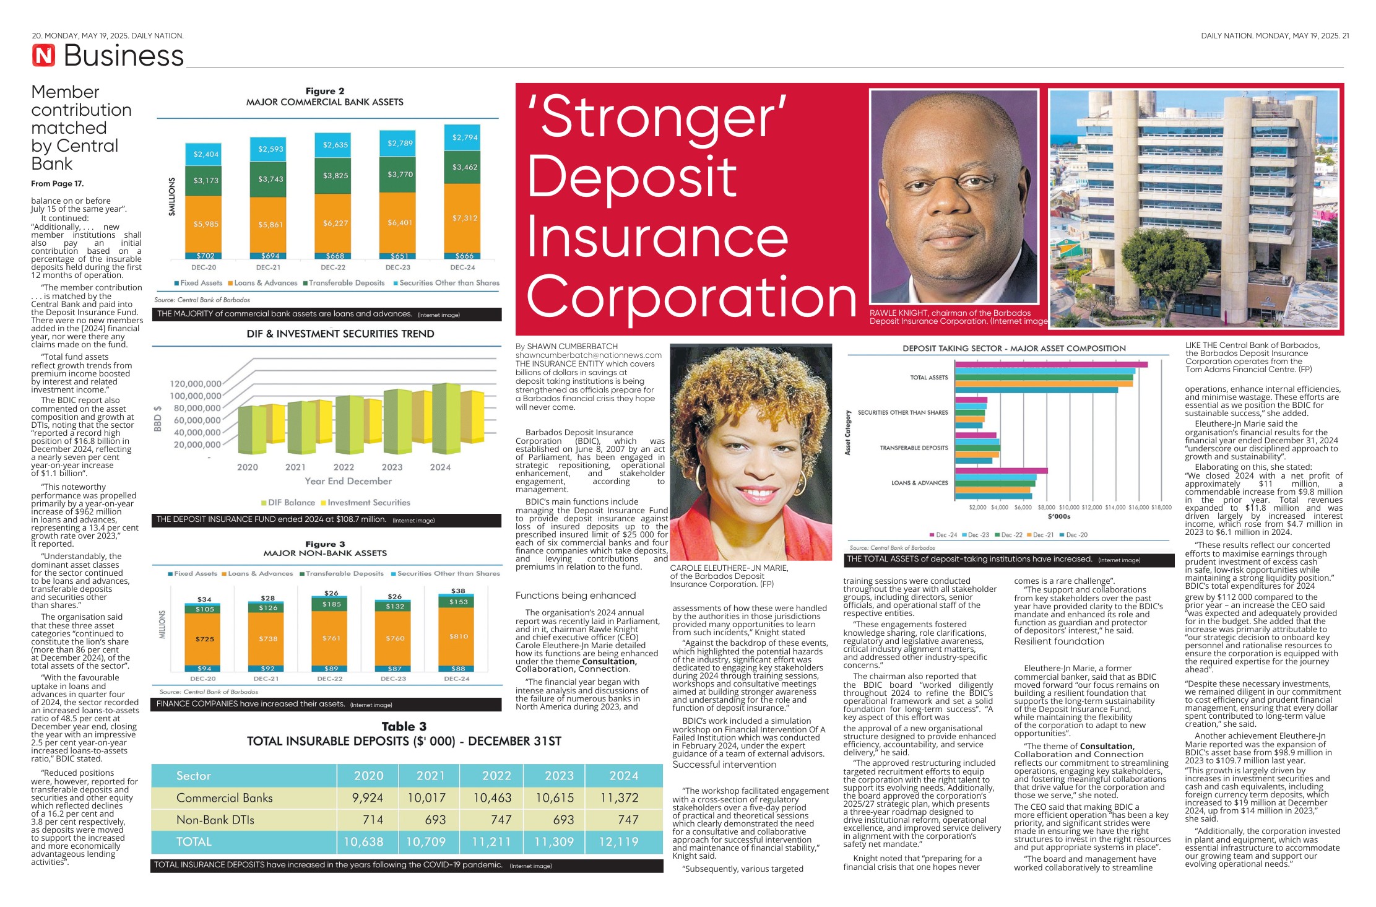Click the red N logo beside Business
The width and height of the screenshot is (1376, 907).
[44, 56]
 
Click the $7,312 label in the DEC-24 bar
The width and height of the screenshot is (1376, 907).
[464, 218]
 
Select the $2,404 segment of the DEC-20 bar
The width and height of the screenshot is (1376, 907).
[206, 154]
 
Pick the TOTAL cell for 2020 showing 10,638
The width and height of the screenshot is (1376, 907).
[363, 842]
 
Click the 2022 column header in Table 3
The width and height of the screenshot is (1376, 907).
[496, 776]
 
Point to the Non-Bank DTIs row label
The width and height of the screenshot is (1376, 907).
[215, 820]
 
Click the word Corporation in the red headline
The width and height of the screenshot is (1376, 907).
[691, 297]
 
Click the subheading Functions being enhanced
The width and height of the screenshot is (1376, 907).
[576, 596]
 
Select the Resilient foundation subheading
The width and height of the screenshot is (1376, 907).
[1058, 641]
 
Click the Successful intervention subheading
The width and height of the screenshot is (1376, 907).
[724, 765]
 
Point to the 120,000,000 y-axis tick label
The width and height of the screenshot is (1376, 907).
[195, 384]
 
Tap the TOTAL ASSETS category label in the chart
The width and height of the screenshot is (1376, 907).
[928, 378]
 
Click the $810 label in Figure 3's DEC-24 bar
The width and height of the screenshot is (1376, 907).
[459, 636]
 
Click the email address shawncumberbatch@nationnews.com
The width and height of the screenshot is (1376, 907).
[588, 355]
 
